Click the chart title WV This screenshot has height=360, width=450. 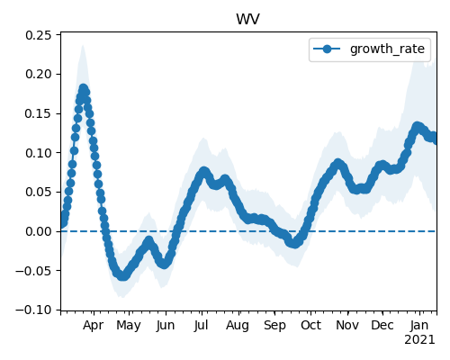point(247,20)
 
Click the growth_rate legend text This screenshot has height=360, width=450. point(387,49)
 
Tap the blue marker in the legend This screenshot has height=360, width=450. point(327,49)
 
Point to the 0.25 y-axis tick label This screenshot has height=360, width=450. point(39,35)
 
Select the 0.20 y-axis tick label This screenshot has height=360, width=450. point(39,74)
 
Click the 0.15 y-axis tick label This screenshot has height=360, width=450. point(39,113)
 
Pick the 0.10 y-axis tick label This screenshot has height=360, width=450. point(39,153)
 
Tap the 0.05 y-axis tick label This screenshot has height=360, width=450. point(39,192)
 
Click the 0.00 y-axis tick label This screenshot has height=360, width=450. point(39,231)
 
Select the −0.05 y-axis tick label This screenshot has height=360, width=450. point(33,271)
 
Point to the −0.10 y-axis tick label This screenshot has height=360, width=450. point(33,310)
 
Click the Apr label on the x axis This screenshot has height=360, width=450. point(94,326)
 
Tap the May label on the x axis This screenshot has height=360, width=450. point(129,326)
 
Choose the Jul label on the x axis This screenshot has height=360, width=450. point(201,326)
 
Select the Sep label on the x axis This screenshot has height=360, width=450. point(274,326)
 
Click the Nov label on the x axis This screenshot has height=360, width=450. point(347,326)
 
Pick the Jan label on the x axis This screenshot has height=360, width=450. point(419,326)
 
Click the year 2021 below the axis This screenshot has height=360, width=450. point(419,340)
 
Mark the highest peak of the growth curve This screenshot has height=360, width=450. point(84,89)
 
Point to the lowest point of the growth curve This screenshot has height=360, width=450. point(122,275)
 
